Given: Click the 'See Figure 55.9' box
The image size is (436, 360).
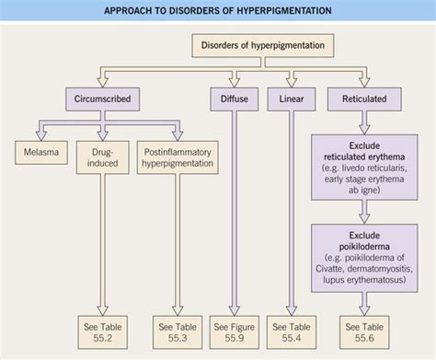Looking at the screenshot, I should pos(234,331).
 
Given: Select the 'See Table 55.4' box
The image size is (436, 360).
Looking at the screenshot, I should pos(291,331).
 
